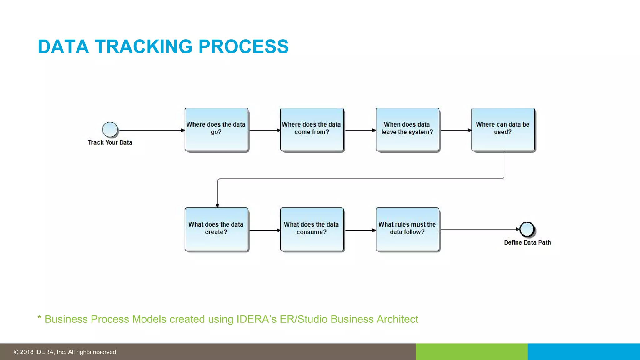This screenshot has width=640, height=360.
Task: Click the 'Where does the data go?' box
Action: (216, 129)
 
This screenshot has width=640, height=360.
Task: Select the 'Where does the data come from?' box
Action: (312, 129)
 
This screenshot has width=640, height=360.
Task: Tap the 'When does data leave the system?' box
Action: (407, 129)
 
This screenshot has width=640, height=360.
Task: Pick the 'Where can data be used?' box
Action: (503, 129)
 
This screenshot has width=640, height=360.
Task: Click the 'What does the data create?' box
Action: (216, 229)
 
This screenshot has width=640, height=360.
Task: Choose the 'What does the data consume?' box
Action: (312, 229)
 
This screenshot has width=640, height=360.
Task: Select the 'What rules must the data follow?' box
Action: (407, 229)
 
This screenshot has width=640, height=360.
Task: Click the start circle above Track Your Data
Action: (110, 129)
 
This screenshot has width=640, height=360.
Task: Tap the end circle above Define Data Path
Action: (527, 229)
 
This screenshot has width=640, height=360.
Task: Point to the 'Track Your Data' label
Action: (110, 142)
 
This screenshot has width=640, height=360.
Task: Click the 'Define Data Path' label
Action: (527, 242)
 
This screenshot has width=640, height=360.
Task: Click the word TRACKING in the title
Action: (143, 47)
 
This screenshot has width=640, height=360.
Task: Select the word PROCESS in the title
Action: (243, 47)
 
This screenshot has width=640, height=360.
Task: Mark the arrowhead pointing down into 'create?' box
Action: (217, 206)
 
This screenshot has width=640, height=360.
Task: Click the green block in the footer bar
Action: (472, 352)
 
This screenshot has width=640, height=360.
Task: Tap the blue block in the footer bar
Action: (584, 352)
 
